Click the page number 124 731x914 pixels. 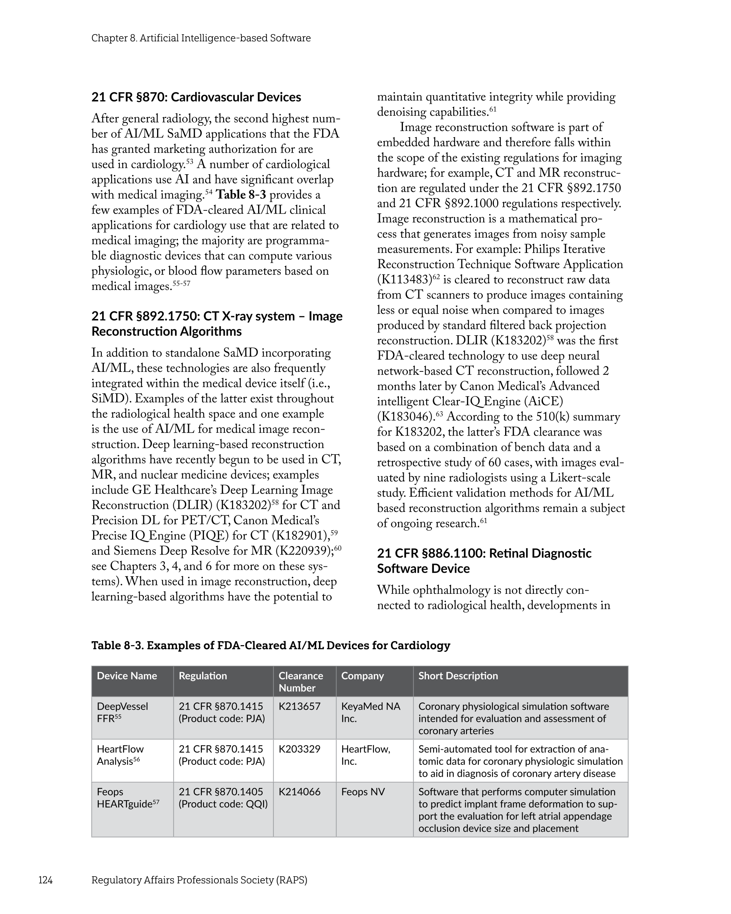pyautogui.click(x=45, y=880)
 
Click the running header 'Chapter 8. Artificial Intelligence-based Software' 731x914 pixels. pyautogui.click(x=201, y=38)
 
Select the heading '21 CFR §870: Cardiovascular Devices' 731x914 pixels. pyautogui.click(x=196, y=97)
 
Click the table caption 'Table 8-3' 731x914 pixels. pyautogui.click(x=270, y=645)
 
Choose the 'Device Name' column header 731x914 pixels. pyautogui.click(x=127, y=676)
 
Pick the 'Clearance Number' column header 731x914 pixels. pyautogui.click(x=301, y=682)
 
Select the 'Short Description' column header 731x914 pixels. pyautogui.click(x=458, y=676)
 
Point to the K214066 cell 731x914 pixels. pyautogui.click(x=299, y=792)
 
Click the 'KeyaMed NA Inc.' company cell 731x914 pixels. pyautogui.click(x=371, y=712)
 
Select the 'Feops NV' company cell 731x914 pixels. pyautogui.click(x=363, y=792)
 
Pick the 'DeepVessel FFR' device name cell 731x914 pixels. pyautogui.click(x=122, y=712)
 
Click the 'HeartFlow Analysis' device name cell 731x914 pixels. pyautogui.click(x=121, y=755)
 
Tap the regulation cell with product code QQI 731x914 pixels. pyautogui.click(x=223, y=798)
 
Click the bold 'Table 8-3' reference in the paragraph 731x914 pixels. pyautogui.click(x=241, y=194)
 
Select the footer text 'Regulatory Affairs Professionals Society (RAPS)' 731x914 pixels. pyautogui.click(x=199, y=880)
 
